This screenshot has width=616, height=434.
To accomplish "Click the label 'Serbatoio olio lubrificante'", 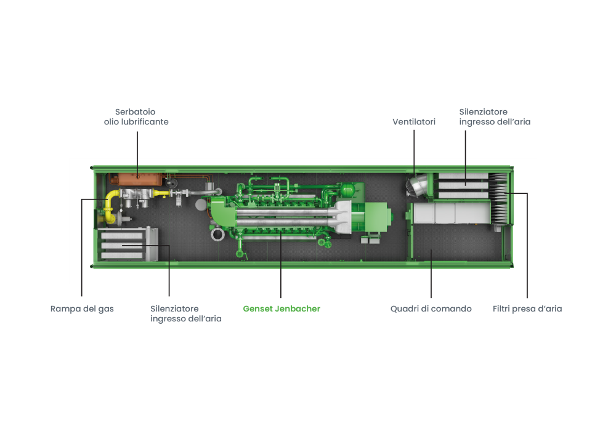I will pos(136,117).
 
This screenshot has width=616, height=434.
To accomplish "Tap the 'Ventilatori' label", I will pos(414,122).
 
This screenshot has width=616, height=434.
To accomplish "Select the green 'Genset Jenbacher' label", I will pos(282,309).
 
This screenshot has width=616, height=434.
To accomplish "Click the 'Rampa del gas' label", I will pos(82,309).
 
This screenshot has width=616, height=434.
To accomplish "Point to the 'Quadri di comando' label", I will pos(431,309).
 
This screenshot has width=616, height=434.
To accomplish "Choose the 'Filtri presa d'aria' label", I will pos(527,309).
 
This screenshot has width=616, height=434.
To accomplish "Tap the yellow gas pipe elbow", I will pos(111,198).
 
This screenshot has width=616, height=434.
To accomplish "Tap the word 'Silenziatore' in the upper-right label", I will pos(483,112).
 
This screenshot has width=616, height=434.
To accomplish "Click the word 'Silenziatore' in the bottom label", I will pos(174,309).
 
